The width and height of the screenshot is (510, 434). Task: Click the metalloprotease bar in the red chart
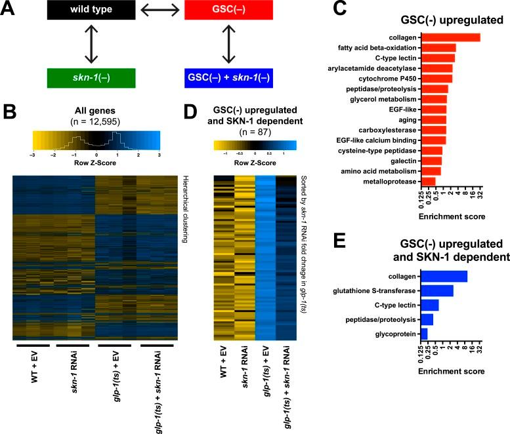[427, 182]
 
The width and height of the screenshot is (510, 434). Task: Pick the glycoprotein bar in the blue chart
[423, 334]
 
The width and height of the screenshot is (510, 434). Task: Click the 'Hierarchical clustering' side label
[186, 201]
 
